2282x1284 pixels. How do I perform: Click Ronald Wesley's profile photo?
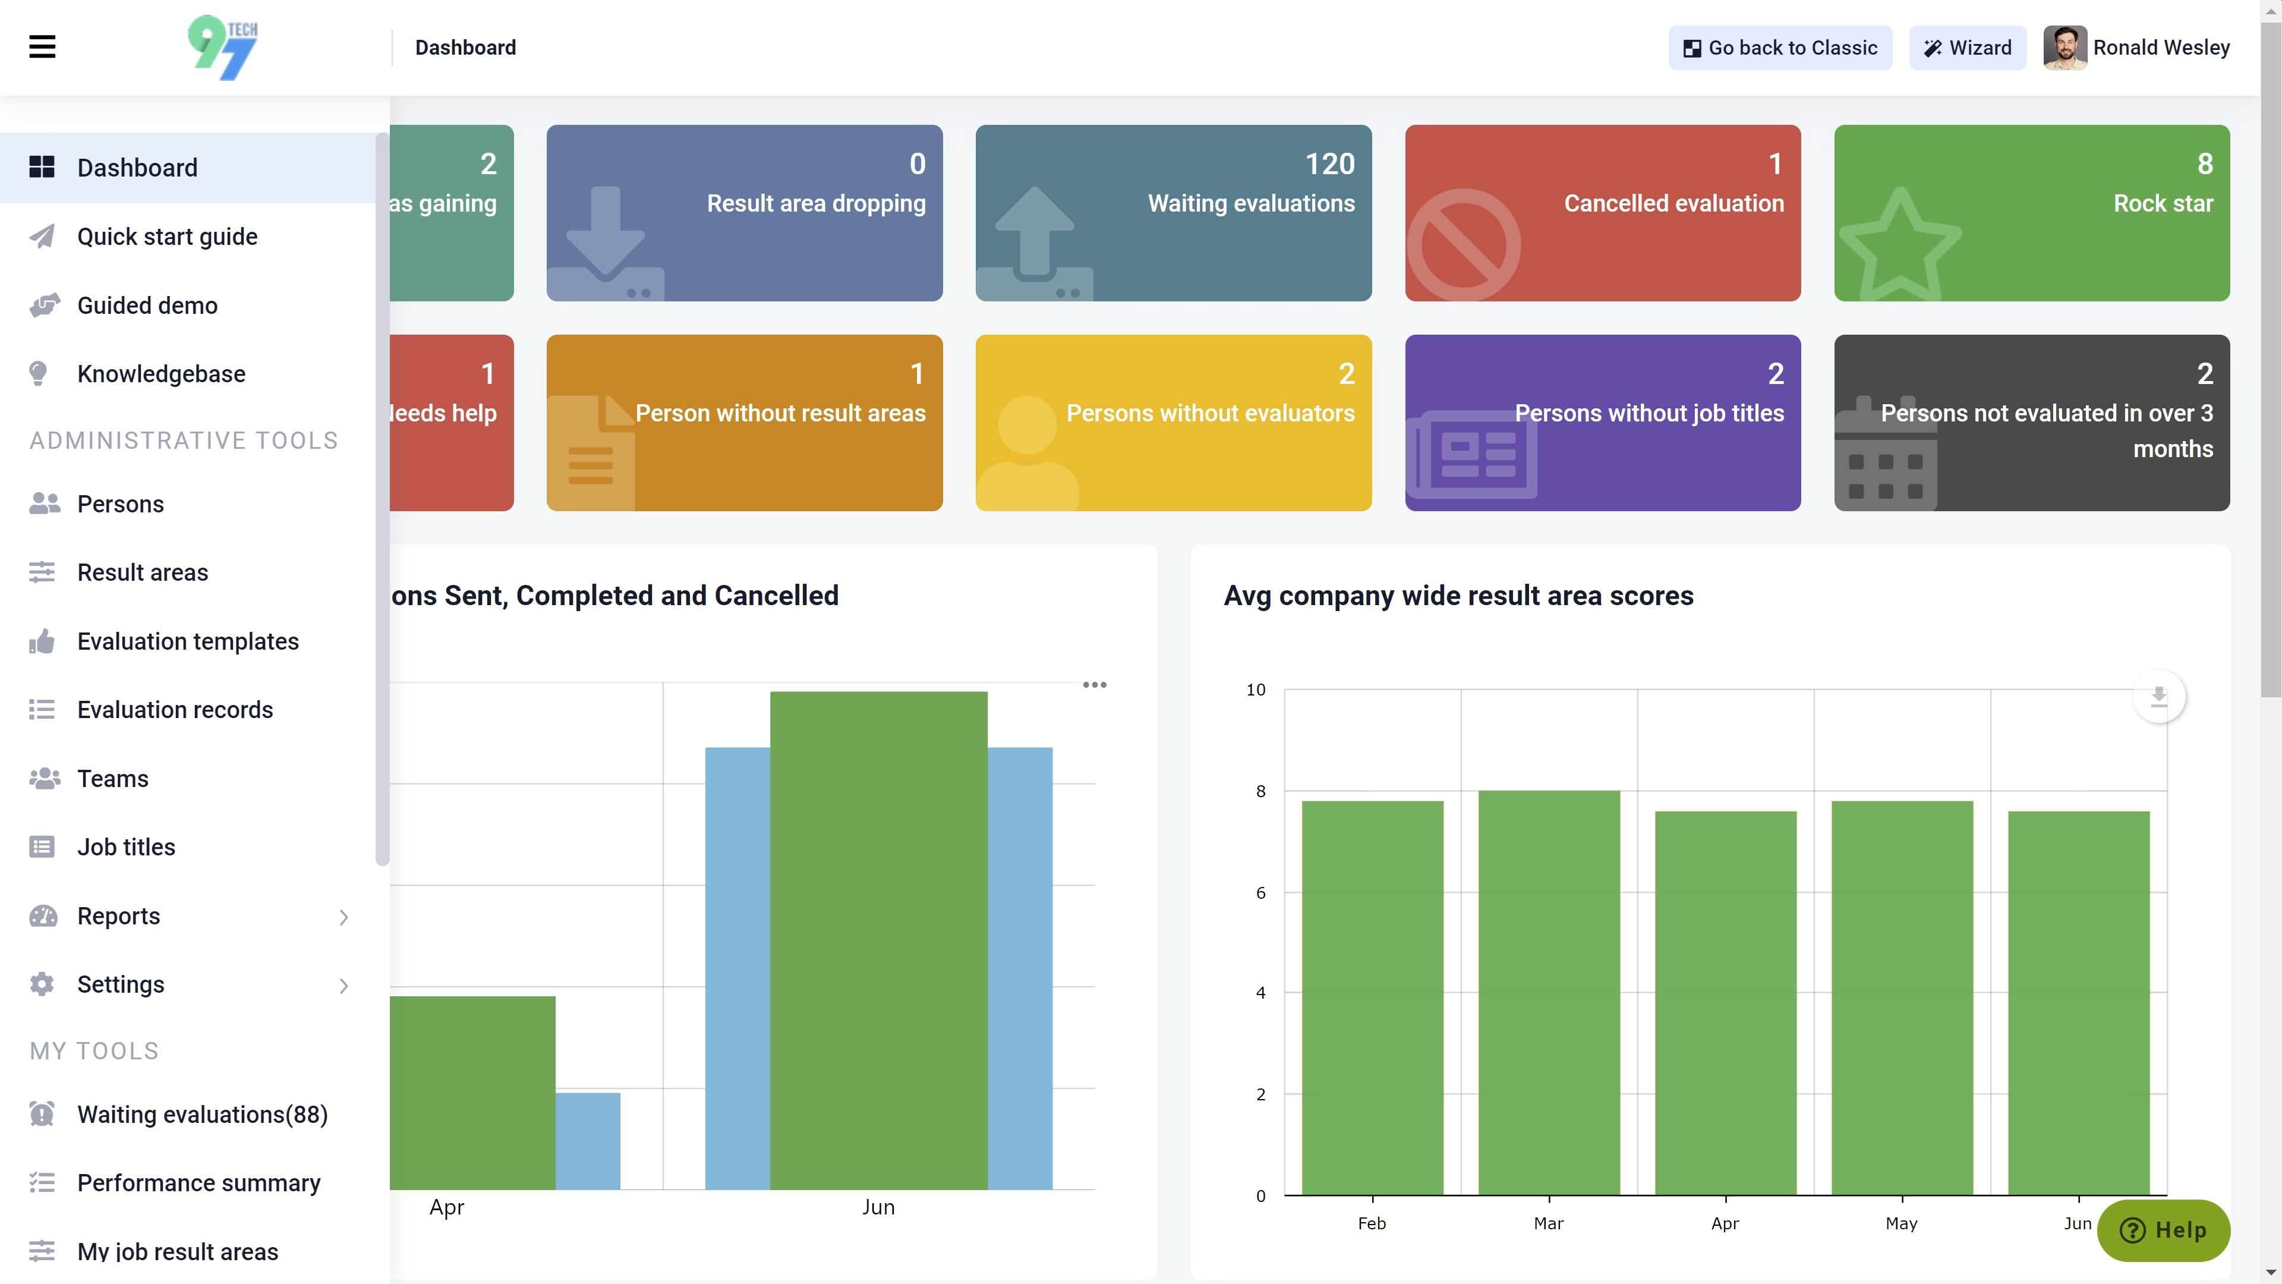(2064, 48)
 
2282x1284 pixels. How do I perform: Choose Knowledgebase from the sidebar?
(160, 374)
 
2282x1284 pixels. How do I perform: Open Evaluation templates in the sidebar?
(187, 641)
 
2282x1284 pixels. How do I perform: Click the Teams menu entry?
(112, 779)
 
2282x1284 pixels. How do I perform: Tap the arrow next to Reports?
(343, 917)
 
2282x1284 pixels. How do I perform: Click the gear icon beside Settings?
(42, 984)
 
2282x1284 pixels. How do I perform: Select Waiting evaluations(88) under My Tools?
(202, 1115)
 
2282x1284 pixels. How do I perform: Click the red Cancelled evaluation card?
(1602, 213)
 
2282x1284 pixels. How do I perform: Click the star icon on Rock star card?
(1899, 244)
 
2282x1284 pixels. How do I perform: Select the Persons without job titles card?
(1602, 422)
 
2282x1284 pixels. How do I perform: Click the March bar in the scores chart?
(1549, 993)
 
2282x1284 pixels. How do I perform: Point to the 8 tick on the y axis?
(1260, 791)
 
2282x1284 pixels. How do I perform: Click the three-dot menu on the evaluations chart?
(1094, 685)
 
